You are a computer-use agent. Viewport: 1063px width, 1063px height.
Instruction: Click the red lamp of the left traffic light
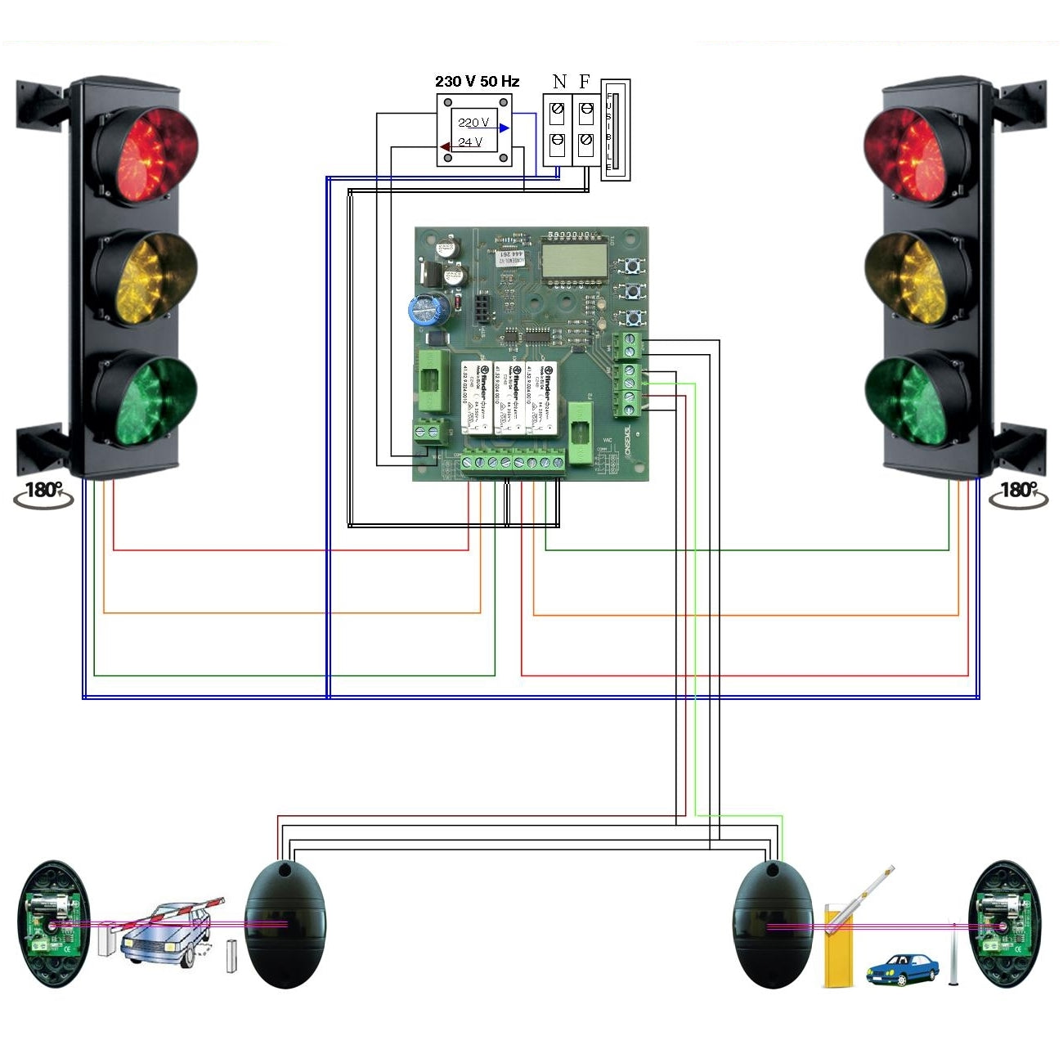click(146, 154)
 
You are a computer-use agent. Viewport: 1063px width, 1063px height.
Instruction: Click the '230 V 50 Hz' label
click(477, 82)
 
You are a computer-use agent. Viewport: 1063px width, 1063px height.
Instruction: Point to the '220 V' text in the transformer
click(473, 123)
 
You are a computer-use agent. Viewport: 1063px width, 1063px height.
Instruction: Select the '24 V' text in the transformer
click(469, 142)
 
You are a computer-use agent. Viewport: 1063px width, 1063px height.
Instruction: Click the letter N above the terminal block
click(559, 82)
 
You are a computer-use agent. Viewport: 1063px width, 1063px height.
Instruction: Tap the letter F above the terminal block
click(585, 82)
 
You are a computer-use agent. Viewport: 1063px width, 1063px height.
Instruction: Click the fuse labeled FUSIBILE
click(616, 129)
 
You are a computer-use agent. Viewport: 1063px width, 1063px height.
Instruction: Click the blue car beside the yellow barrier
click(902, 969)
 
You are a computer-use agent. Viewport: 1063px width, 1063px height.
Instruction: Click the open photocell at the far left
click(54, 924)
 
